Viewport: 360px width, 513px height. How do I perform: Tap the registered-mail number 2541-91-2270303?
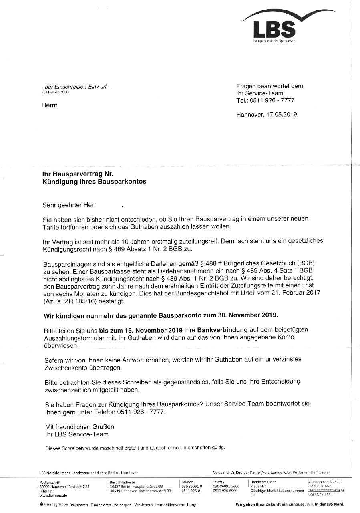(56, 92)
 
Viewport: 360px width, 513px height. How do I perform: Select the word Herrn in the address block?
(50, 105)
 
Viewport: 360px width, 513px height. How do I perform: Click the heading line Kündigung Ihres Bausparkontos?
(94, 182)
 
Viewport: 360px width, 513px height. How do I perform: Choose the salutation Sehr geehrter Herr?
(69, 205)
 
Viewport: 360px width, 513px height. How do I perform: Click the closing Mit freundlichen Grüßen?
(79, 427)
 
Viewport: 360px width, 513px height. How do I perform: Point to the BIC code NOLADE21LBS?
(319, 495)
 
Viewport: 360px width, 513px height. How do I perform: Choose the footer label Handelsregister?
(263, 482)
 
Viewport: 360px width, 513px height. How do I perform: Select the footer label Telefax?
(219, 482)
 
